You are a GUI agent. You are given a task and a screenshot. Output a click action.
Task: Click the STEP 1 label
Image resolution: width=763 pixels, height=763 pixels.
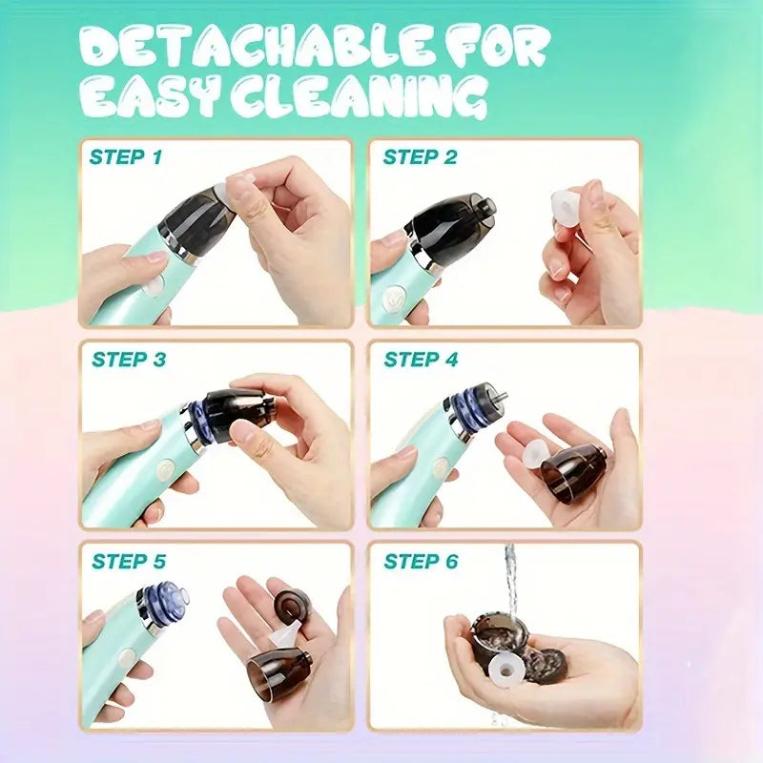pos(125,157)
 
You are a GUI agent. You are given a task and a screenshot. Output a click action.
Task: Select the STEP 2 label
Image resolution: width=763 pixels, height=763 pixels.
pos(420,157)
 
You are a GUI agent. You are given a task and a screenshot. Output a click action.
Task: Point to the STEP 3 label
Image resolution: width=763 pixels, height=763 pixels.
pos(129,360)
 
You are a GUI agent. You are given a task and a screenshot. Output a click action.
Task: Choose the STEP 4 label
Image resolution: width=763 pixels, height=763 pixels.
pos(421,360)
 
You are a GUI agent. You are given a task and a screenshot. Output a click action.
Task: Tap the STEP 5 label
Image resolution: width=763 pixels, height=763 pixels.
pos(129,562)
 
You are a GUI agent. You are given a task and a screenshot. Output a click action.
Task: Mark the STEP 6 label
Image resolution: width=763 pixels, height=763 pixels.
pos(421,562)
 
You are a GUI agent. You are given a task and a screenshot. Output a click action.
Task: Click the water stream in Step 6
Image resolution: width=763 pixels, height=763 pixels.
pos(509,582)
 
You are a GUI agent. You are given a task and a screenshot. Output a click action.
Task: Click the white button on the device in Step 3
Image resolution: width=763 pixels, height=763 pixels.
pos(165,469)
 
